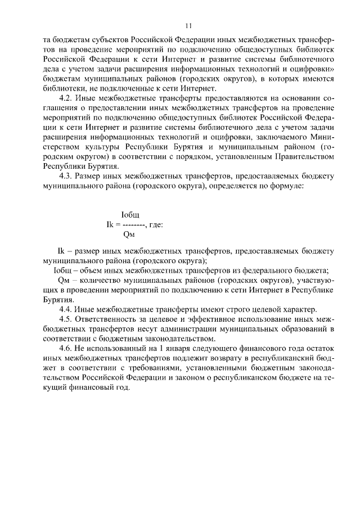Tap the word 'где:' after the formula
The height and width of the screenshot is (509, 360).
coord(156,224)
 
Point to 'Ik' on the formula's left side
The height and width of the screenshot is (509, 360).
coord(110,224)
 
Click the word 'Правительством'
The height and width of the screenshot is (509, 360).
coord(300,156)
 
